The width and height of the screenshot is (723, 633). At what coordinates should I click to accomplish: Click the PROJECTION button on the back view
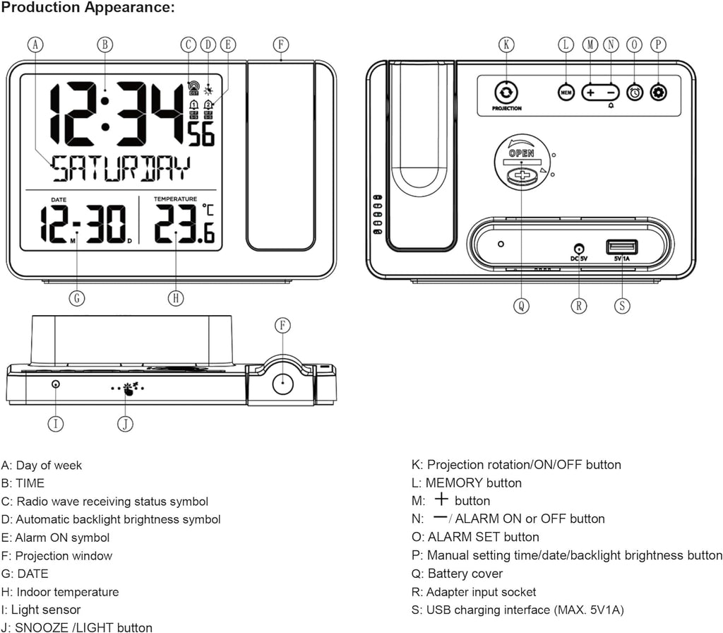(x=506, y=93)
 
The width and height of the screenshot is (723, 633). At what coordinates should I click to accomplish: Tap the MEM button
(x=566, y=93)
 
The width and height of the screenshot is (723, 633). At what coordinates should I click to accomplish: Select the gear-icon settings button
(x=658, y=93)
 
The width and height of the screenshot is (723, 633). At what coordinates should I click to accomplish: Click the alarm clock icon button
(x=635, y=93)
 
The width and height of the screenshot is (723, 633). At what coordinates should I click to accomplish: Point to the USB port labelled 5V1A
(x=621, y=247)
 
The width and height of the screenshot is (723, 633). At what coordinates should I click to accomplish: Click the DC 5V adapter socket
(x=579, y=249)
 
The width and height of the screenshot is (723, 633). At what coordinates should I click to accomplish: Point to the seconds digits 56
(x=201, y=134)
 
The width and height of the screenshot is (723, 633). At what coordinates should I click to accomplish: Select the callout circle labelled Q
(x=520, y=305)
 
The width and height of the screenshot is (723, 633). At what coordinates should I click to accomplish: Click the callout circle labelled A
(x=36, y=44)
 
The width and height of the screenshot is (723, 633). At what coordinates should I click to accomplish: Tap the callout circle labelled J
(x=124, y=423)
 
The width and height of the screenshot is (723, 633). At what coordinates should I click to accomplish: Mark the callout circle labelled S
(x=622, y=305)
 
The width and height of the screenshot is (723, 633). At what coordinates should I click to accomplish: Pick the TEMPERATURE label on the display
(x=175, y=199)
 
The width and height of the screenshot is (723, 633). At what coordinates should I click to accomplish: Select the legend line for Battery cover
(x=458, y=574)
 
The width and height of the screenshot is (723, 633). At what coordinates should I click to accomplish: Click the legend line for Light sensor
(x=41, y=610)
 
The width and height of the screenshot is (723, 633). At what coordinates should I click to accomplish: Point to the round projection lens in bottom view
(x=282, y=383)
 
